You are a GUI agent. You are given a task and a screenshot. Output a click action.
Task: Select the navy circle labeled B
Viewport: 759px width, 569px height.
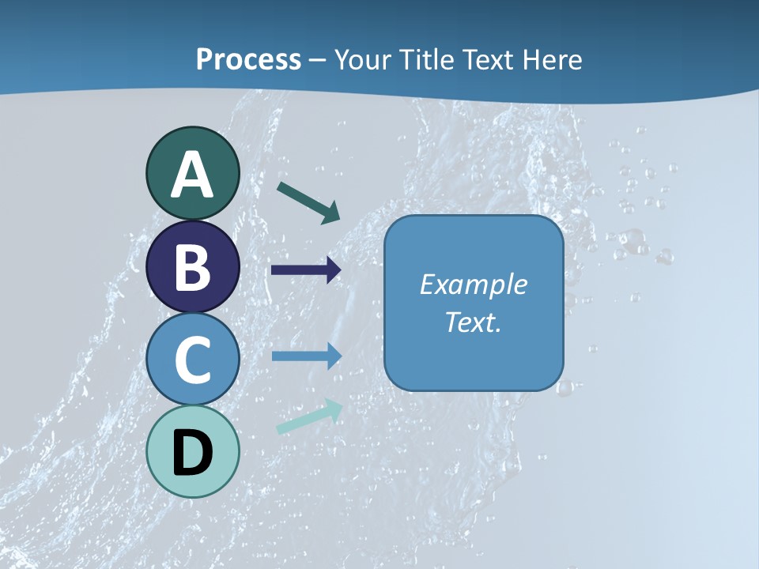pos(193,266)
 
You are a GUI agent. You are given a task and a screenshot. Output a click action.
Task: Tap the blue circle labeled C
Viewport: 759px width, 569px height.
pos(193,360)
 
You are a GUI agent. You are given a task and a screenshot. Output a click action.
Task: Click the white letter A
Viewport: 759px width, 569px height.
pos(193,175)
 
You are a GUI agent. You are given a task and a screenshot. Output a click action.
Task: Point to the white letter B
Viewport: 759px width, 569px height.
pos(193,267)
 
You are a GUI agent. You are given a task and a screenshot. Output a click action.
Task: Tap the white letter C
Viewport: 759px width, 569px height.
pos(193,360)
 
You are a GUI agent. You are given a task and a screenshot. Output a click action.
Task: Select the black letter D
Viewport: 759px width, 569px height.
pos(193,453)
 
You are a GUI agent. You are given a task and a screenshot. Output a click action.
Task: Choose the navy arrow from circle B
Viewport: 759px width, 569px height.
pos(306,270)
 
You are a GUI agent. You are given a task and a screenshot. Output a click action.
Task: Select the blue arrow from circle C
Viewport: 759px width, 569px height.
pos(306,356)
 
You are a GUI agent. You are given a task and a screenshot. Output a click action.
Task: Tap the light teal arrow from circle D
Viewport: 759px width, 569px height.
pos(309,416)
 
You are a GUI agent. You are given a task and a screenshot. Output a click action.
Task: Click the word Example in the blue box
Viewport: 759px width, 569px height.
pos(473,284)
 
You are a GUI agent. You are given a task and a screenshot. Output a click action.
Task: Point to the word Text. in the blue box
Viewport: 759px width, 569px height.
pos(473,322)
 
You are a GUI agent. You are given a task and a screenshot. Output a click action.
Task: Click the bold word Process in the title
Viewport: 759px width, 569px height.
pos(248,59)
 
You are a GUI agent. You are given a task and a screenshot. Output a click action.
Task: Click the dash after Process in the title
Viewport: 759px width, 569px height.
pos(318,61)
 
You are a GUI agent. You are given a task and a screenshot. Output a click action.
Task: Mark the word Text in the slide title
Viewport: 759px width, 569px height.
pos(486,59)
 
